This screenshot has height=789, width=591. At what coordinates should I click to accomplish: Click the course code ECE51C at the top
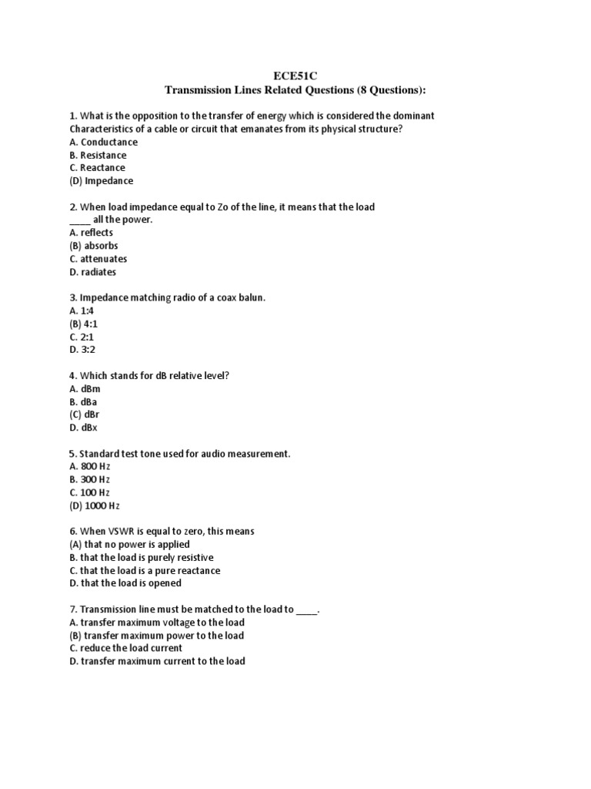point(295,76)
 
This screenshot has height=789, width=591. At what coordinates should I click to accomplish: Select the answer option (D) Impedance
point(101,181)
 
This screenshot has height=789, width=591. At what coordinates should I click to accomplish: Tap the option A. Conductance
point(103,142)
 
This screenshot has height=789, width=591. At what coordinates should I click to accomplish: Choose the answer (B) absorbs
point(93,246)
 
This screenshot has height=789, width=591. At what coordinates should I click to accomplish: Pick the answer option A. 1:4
point(82,311)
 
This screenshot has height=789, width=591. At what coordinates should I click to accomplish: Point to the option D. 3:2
point(82,351)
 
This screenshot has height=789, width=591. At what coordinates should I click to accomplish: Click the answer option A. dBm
point(85,389)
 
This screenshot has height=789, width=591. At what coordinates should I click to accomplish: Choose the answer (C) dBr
point(85,415)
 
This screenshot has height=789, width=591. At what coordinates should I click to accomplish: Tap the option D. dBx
point(83,428)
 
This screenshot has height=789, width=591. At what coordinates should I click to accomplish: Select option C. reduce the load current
point(125,648)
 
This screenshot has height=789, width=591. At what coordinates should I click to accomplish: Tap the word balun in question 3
point(249,298)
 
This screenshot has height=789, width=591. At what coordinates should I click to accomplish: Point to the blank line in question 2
point(79,220)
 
